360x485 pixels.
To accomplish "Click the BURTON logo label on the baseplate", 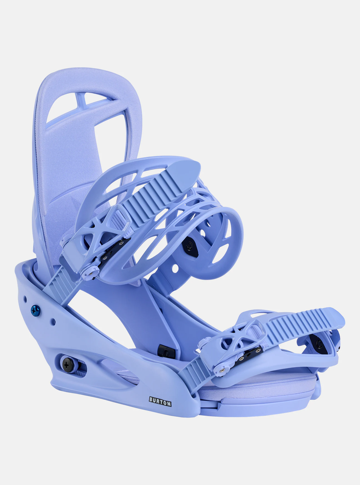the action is pos(160,402).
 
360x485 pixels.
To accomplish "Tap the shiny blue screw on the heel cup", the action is pos(36,310).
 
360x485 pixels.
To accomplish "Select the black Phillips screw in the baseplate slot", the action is pos(67,364).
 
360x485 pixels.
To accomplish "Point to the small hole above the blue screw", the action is pos(25,298).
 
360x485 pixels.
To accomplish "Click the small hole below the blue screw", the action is pos(53,322).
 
